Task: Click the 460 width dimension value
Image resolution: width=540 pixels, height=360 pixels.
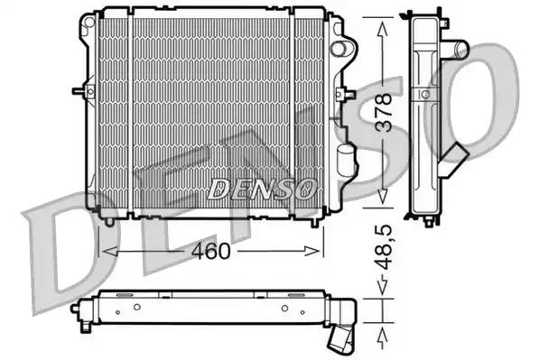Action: [210, 251]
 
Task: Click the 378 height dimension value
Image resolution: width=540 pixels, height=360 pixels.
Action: [383, 113]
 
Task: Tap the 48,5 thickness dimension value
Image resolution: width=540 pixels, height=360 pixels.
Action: [383, 247]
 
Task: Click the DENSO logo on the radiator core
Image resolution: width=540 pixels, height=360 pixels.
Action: [262, 189]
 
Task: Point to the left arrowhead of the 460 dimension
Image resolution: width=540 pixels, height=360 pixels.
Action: [110, 252]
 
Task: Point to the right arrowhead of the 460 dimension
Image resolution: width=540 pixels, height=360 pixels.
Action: [312, 251]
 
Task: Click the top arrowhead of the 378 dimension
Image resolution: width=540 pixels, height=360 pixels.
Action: [383, 29]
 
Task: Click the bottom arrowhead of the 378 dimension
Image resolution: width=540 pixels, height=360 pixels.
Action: [383, 196]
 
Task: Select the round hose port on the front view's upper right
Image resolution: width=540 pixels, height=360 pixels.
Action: [339, 49]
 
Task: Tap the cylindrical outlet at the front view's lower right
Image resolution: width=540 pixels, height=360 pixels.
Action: [345, 159]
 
